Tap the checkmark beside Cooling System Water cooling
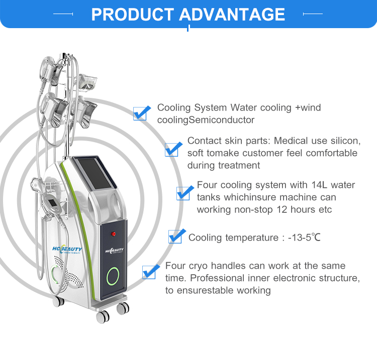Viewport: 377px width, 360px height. [142, 112]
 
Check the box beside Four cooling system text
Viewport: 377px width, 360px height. [185, 192]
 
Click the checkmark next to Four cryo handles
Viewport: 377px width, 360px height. [151, 272]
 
